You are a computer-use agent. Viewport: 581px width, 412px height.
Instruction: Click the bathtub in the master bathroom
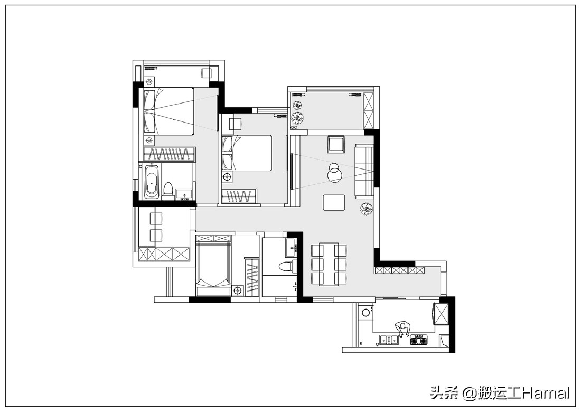click(152, 182)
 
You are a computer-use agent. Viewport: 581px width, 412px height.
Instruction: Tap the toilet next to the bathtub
click(168, 190)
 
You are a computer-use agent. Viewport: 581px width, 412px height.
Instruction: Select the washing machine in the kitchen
click(366, 312)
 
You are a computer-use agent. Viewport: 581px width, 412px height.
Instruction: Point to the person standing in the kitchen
click(403, 329)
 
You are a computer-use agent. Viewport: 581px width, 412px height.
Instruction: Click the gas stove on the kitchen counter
click(419, 340)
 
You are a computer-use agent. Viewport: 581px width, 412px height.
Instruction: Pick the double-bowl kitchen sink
click(388, 340)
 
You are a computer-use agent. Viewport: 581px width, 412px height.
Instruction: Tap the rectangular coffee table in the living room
click(334, 202)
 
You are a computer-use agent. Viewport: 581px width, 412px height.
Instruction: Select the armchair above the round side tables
click(336, 144)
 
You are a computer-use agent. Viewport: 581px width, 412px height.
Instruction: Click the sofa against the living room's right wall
click(364, 171)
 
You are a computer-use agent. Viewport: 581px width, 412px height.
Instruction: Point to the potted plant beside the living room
click(366, 209)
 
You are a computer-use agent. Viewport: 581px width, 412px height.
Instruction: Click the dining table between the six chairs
click(329, 265)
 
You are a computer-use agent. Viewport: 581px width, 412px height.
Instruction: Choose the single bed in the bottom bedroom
click(213, 265)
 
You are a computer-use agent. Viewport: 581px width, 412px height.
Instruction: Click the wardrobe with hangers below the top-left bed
click(169, 154)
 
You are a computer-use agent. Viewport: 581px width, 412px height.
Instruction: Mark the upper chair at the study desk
click(155, 219)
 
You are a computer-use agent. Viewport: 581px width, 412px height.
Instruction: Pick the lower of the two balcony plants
click(297, 118)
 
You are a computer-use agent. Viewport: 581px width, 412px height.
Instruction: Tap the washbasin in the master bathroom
click(184, 194)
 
